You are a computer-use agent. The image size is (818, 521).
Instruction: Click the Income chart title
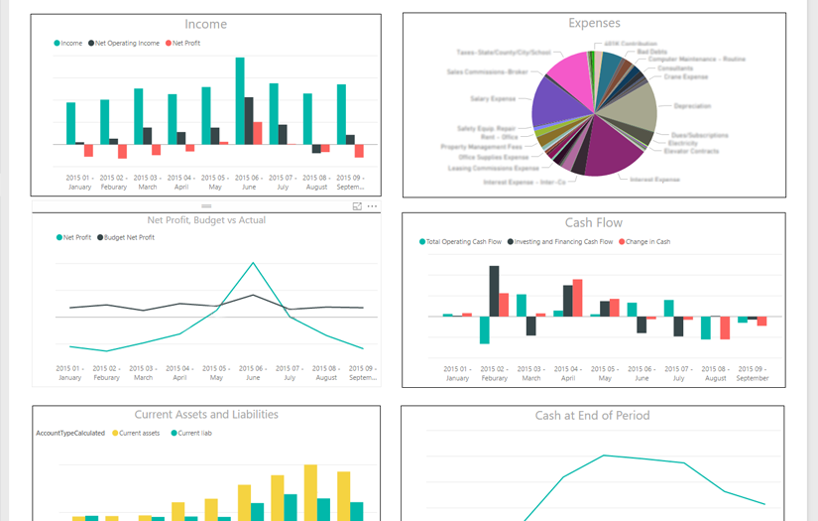pyautogui.click(x=206, y=24)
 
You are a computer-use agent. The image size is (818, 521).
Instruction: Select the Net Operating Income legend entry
pyautogui.click(x=127, y=44)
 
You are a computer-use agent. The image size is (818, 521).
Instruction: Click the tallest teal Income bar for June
pyautogui.click(x=240, y=100)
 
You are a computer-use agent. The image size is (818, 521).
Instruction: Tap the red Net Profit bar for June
pyautogui.click(x=257, y=133)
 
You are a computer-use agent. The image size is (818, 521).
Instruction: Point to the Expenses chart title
pyautogui.click(x=594, y=23)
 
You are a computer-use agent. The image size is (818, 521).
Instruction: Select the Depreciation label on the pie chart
pyautogui.click(x=691, y=105)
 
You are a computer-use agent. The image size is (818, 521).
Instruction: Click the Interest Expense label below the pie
pyautogui.click(x=654, y=180)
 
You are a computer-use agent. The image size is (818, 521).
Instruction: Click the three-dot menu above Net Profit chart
pyautogui.click(x=372, y=206)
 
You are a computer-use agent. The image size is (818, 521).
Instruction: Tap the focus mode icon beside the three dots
pyautogui.click(x=357, y=206)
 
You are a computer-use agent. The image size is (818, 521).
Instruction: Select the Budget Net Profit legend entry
pyautogui.click(x=129, y=237)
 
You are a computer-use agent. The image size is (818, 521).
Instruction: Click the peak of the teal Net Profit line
pyautogui.click(x=253, y=263)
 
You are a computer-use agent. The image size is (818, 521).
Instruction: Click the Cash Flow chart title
pyautogui.click(x=593, y=223)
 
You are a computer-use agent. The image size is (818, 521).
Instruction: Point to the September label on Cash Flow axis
pyautogui.click(x=753, y=378)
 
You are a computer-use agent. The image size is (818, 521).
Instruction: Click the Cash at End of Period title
pyautogui.click(x=592, y=416)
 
